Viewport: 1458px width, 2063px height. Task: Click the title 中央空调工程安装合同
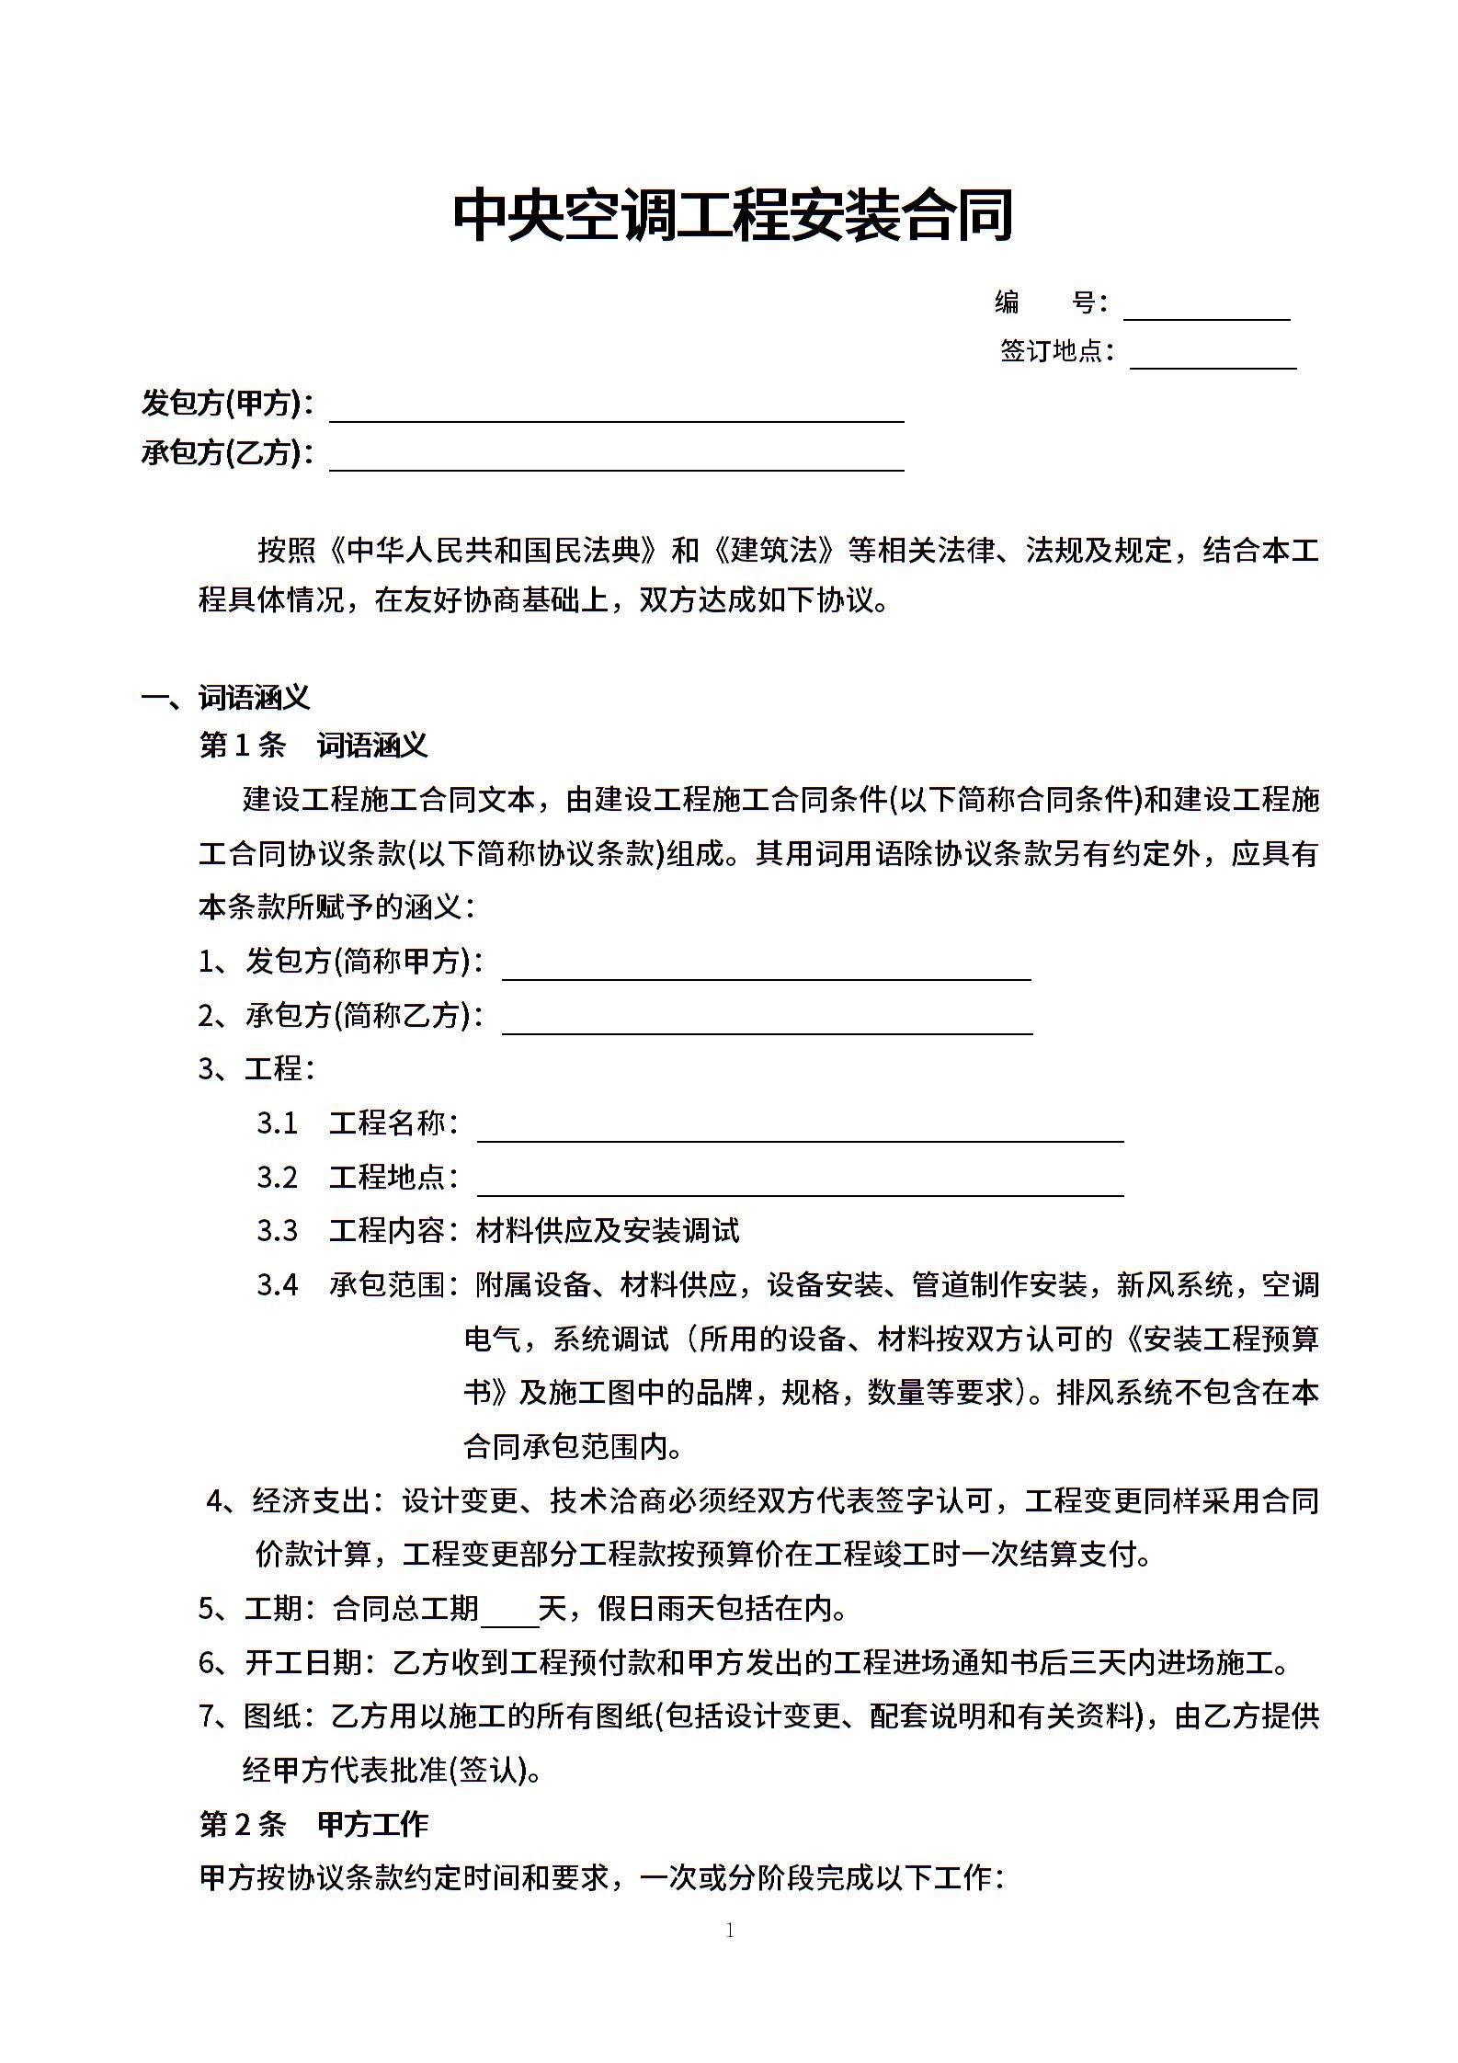click(x=732, y=216)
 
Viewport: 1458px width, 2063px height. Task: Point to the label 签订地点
click(x=1056, y=351)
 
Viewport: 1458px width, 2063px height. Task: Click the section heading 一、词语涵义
click(x=226, y=698)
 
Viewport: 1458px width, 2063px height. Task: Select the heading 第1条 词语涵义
click(x=313, y=746)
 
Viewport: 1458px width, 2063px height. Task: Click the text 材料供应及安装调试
click(x=608, y=1231)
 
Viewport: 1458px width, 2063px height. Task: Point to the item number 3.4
click(x=278, y=1285)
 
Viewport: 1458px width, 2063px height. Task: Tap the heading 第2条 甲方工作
click(x=313, y=1825)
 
